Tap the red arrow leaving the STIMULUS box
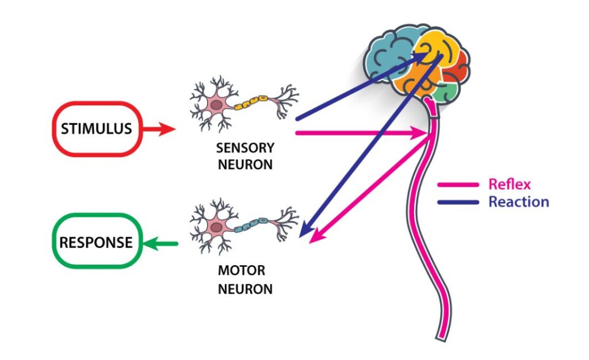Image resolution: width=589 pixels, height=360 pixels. pos(159,129)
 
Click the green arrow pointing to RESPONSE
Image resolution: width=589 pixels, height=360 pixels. pos(160,244)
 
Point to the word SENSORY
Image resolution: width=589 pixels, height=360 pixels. pos(245,148)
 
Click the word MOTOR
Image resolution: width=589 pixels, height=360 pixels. pos(242,270)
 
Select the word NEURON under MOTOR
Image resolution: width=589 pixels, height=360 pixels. pos(245,289)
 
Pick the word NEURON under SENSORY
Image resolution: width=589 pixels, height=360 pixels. pos(245,164)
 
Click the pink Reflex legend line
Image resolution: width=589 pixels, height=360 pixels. pos(458,185)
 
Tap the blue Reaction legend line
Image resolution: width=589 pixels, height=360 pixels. pos(458,202)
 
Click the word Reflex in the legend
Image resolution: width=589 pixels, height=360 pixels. pos(510,185)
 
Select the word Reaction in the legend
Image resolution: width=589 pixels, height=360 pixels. pos(519,202)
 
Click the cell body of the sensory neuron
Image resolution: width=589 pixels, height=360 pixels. pos(216,105)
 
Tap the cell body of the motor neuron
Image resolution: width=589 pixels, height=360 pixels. pos(216,227)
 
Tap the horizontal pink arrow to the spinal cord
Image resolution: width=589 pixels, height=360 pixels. pos(361,132)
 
